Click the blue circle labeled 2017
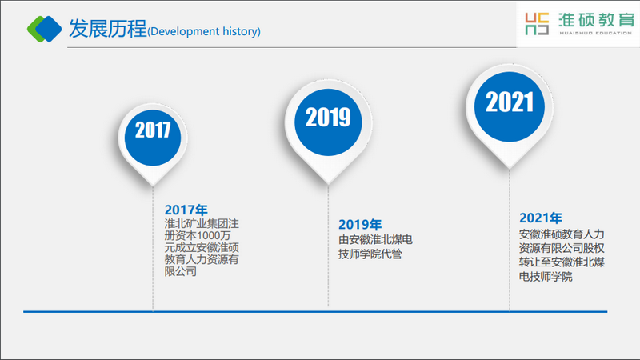pos(153,138)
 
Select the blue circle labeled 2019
pos(328,122)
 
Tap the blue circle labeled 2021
pos(510,107)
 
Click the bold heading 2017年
pos(186,210)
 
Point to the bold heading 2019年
pos(360,225)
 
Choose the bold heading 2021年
pos(541,218)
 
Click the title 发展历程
pos(107,29)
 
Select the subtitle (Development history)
pos(204,31)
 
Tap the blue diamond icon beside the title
pos(49,29)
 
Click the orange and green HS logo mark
pos(537,24)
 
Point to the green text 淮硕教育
pos(596,20)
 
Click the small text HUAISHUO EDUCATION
pos(595,33)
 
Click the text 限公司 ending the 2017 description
pos(181,271)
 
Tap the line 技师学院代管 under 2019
pos(370,254)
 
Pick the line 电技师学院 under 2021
pos(546,277)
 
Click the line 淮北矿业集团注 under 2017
pos(202,224)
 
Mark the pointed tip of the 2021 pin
pos(510,169)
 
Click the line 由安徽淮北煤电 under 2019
pos(375,239)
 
